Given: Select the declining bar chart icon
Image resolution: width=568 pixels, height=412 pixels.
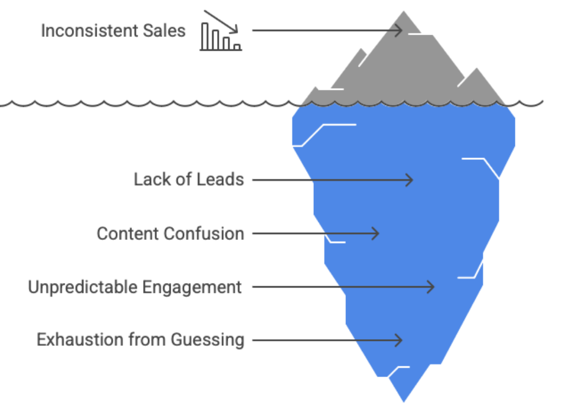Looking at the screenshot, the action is coord(220,37).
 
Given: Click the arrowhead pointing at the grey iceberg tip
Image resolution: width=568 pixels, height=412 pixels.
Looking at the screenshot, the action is coord(398,30).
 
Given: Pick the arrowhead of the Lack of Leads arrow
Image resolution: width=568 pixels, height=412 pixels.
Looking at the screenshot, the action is coord(409,180).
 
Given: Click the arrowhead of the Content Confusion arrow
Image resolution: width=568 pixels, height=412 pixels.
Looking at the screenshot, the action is coord(375,233).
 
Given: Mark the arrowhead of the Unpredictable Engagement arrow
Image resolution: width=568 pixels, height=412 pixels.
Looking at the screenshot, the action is coord(430,287).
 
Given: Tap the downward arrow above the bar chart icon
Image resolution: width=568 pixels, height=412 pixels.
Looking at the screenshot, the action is coord(221,20).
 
